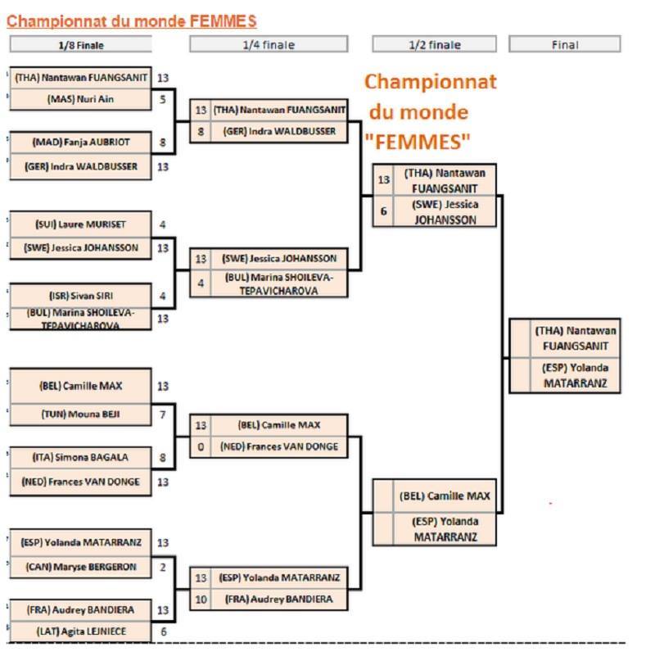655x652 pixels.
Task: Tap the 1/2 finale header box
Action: pyautogui.click(x=434, y=45)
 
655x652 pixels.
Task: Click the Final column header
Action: pyautogui.click(x=564, y=45)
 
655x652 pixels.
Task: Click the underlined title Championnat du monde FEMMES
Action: pyautogui.click(x=131, y=20)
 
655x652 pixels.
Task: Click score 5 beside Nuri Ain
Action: pyautogui.click(x=163, y=99)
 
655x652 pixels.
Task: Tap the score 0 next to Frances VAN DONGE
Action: pyautogui.click(x=201, y=447)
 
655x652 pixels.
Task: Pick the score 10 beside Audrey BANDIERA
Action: pyautogui.click(x=201, y=600)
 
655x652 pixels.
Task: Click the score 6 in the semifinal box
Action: pyautogui.click(x=383, y=211)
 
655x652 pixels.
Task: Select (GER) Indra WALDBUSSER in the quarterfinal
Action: pyautogui.click(x=278, y=131)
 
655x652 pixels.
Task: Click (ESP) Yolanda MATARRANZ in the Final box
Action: pyautogui.click(x=576, y=375)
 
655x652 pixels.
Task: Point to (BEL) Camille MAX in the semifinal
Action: pyautogui.click(x=445, y=496)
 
